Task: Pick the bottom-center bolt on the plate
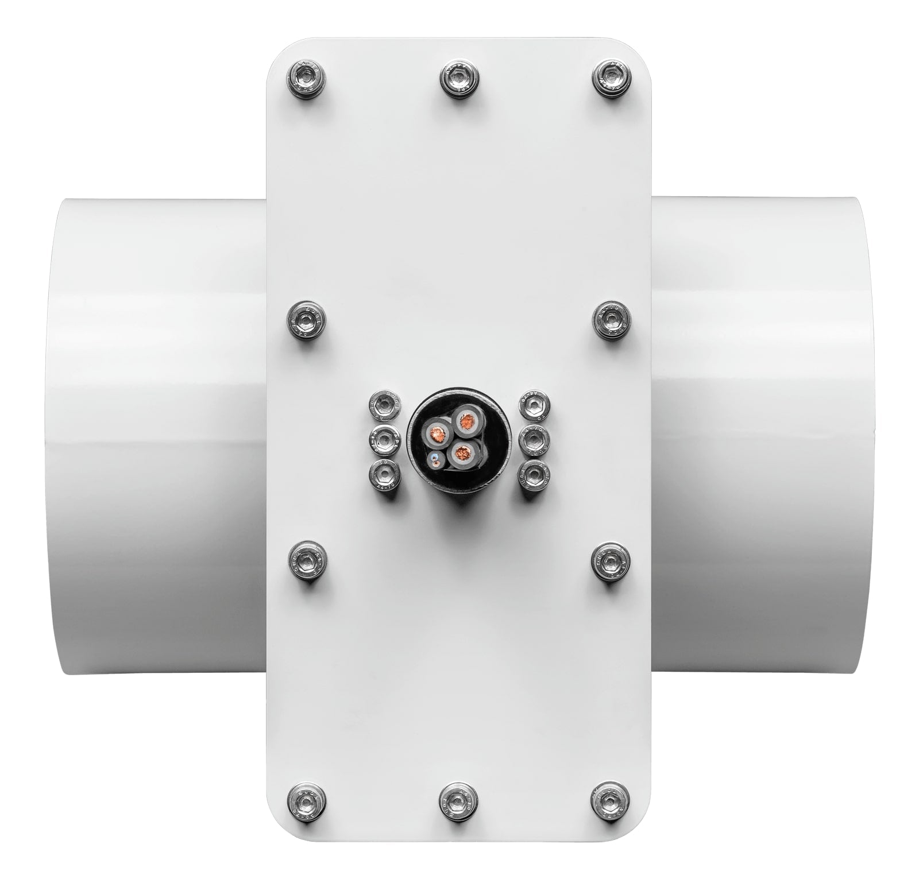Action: click(x=458, y=800)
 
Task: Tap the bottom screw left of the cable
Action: click(x=384, y=474)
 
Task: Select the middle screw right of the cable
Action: click(x=534, y=441)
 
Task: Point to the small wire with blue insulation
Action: click(x=435, y=458)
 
